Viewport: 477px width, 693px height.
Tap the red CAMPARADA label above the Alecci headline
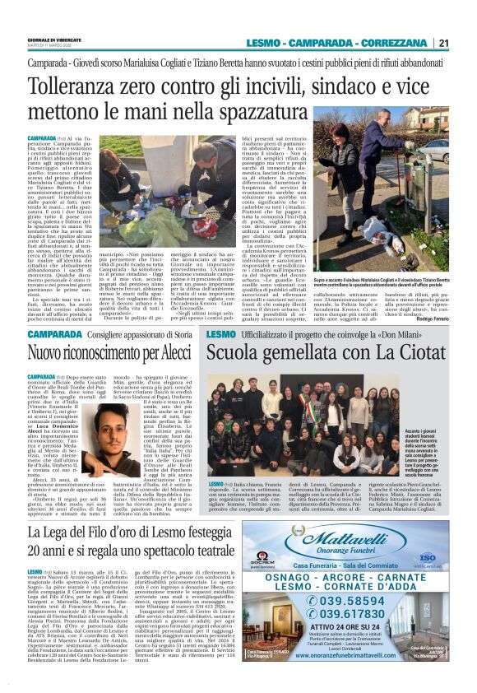[x=54, y=334]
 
